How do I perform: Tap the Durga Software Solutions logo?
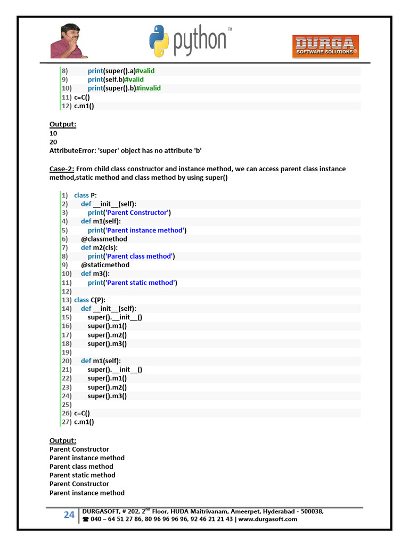(325, 46)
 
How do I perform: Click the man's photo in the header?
(69, 41)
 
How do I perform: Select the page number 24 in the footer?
(69, 515)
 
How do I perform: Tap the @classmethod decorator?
(104, 239)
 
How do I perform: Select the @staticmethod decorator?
(105, 265)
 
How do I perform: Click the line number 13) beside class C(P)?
(67, 300)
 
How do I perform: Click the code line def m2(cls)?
(99, 247)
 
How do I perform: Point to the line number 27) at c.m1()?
(67, 422)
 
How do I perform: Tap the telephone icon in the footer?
(86, 519)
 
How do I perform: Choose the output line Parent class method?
(81, 467)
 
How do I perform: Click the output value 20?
(53, 142)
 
